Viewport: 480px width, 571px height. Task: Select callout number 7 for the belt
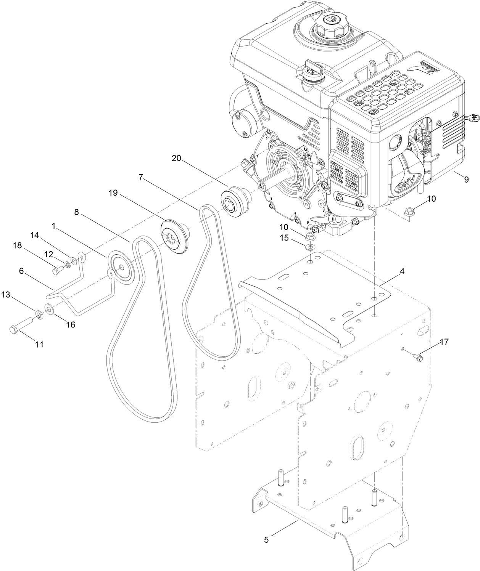[x=141, y=177]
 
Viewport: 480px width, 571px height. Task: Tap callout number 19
[x=113, y=193]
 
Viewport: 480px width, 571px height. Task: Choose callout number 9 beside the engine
[x=466, y=179]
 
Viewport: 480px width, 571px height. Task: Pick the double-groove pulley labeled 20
[x=234, y=201]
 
